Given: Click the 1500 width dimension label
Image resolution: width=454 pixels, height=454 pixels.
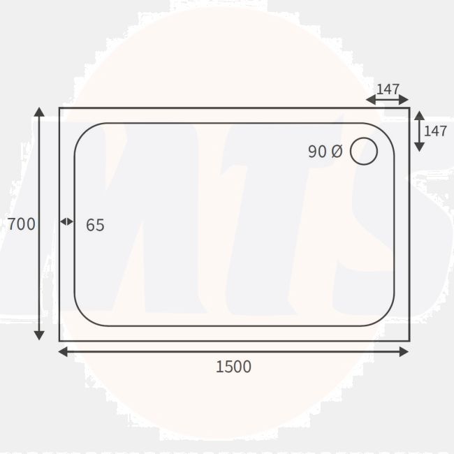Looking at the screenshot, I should click(x=233, y=366).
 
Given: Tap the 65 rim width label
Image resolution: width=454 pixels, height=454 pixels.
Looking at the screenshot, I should click(x=95, y=225).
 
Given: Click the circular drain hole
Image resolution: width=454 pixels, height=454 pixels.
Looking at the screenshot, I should click(x=363, y=152).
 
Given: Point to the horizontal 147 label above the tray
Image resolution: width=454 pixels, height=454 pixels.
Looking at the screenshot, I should click(x=388, y=89).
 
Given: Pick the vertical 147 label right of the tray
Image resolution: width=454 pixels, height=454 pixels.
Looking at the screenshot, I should click(x=435, y=131).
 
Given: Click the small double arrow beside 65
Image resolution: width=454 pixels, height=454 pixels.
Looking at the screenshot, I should click(x=66, y=221).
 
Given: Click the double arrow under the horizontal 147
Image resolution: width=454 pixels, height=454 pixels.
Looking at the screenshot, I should click(x=387, y=100).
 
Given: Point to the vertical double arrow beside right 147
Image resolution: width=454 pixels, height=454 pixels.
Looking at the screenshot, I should click(x=418, y=131).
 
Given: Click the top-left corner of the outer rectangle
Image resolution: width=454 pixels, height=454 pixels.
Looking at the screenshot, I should click(x=59, y=108).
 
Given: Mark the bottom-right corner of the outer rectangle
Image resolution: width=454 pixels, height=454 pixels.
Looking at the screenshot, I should click(x=409, y=341).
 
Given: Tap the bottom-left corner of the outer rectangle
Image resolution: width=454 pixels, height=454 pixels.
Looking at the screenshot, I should click(x=59, y=341).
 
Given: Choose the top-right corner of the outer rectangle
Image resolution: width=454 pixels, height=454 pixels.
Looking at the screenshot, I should click(x=409, y=108).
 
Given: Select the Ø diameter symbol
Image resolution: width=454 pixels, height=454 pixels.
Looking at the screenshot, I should click(x=336, y=152).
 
